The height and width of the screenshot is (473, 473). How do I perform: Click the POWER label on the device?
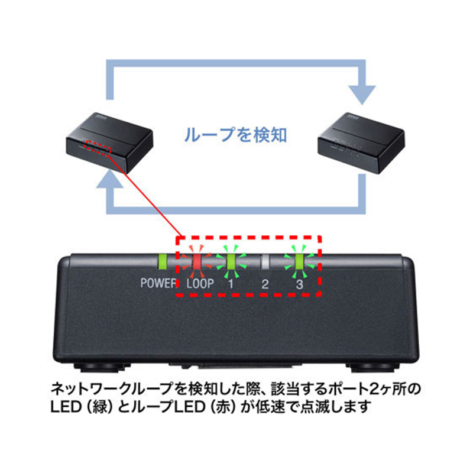[x=159, y=283]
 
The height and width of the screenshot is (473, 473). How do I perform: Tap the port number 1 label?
[x=231, y=283]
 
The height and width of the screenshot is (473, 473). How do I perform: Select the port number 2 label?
[x=265, y=283]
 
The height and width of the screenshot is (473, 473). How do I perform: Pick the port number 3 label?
[x=300, y=283]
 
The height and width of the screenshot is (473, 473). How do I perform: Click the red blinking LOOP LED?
[x=199, y=261]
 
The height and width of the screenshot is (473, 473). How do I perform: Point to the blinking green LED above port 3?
[x=300, y=261]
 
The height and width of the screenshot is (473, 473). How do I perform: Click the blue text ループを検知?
[x=236, y=135]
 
